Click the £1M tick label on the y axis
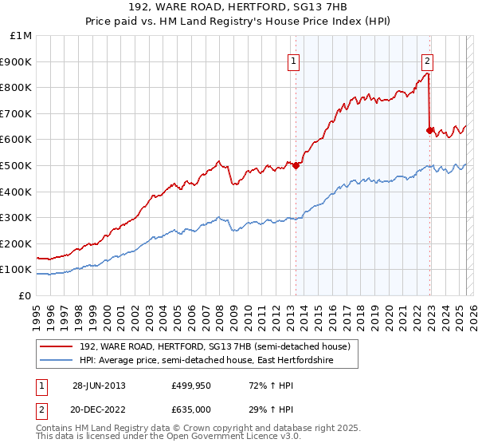pos(21,35)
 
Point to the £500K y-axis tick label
pos(18,165)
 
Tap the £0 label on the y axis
pos(25,295)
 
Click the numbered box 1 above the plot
pos(294,61)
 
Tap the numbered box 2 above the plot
pos(428,61)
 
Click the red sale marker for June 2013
pos(296,165)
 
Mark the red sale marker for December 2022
pos(430,130)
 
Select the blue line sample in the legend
pos(57,361)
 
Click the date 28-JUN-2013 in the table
pos(99,386)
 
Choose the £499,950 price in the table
pos(191,386)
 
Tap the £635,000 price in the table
pos(191,409)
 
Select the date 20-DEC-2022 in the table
pos(99,409)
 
